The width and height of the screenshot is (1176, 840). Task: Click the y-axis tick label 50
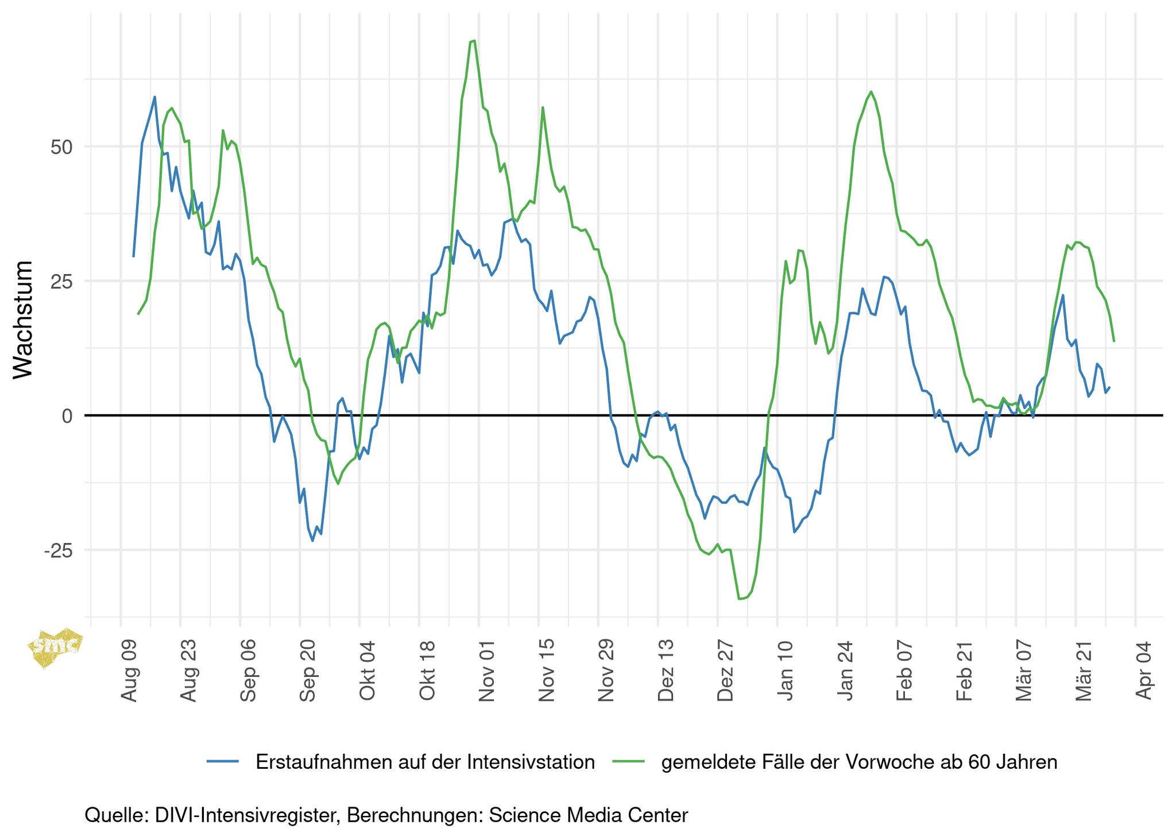(x=61, y=147)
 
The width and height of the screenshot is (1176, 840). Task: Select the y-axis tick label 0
(x=67, y=416)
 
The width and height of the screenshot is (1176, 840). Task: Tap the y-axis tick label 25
(x=61, y=282)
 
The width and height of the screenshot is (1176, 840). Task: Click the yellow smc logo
(x=55, y=648)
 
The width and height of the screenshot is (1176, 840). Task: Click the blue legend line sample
(x=223, y=762)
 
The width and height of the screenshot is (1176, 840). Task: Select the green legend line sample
(x=628, y=762)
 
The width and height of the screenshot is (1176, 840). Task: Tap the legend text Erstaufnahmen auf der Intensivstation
(x=425, y=762)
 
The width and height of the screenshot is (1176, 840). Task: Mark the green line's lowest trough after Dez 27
(x=740, y=599)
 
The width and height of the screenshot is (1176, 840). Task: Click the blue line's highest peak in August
(x=154, y=97)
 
